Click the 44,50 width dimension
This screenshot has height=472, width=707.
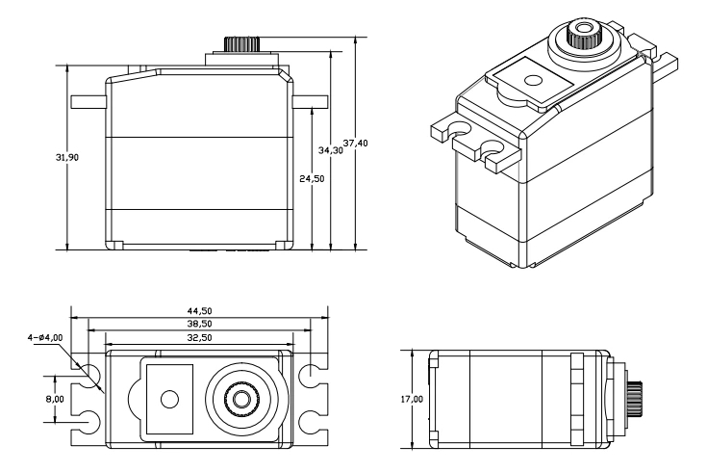coord(199,311)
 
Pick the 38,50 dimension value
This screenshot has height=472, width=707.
coord(199,325)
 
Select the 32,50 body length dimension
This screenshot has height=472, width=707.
coord(199,338)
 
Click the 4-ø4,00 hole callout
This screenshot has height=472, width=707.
coord(44,337)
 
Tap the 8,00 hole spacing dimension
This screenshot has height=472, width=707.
coord(55,397)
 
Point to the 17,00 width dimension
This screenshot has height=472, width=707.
coord(402,397)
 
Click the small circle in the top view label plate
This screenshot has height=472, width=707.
coord(170,398)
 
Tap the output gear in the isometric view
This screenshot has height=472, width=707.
coord(585,37)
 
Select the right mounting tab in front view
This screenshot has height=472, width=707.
coord(305,100)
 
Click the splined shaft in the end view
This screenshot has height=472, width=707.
coord(636,397)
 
